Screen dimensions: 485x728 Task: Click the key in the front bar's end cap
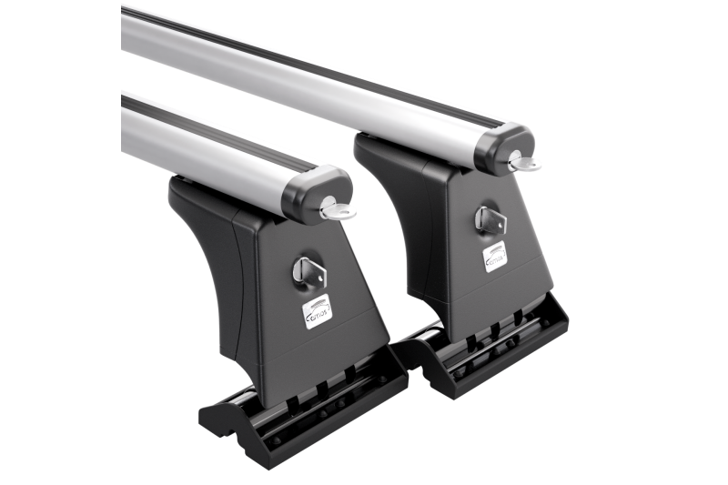pyautogui.click(x=338, y=212)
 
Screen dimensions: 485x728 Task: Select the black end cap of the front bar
pyautogui.click(x=314, y=193)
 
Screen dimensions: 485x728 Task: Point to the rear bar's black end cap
pyautogui.click(x=502, y=147)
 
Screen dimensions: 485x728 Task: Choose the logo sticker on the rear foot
pyautogui.click(x=494, y=258)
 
